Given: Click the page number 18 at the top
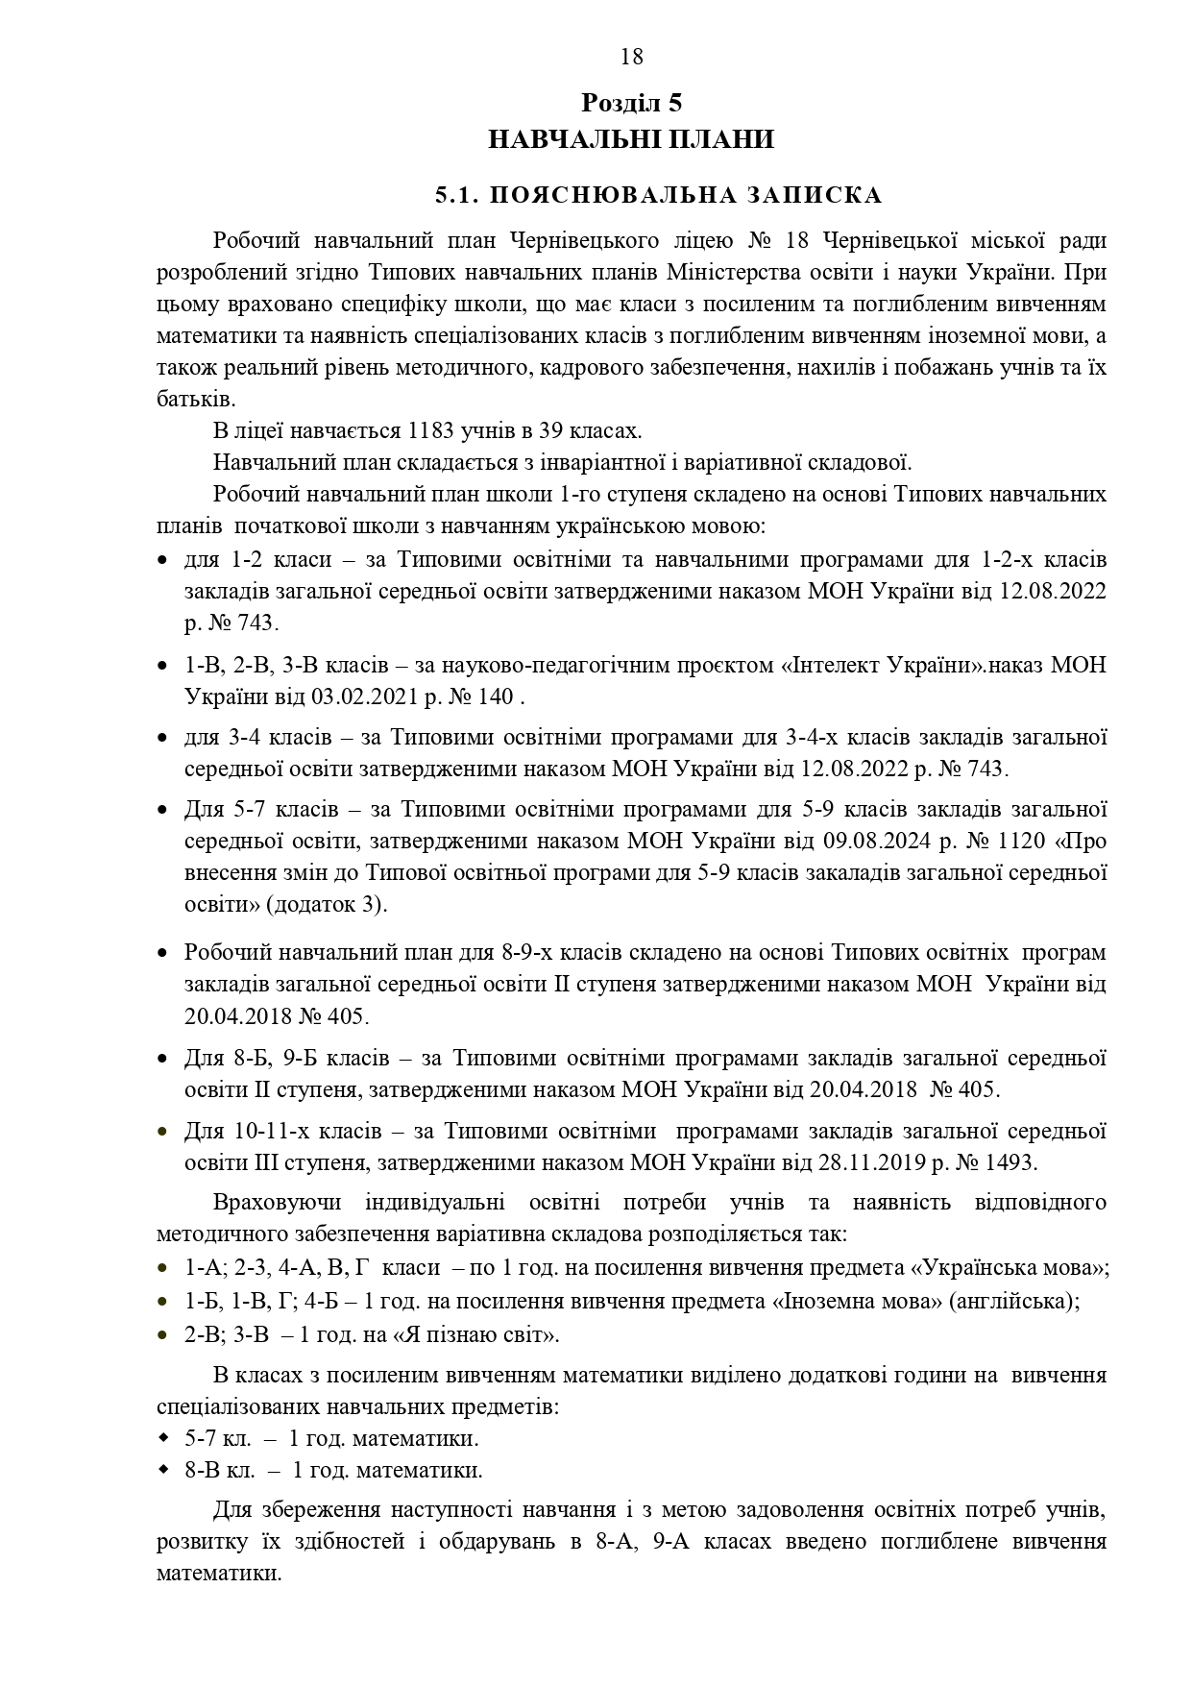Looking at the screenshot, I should (x=632, y=57).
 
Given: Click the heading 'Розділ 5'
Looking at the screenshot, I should (x=631, y=103).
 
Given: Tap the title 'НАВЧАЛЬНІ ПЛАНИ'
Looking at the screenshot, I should (x=631, y=140).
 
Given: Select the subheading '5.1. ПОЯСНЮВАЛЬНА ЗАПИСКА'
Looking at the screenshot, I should (x=658, y=196).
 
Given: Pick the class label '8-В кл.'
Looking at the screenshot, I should (x=219, y=1471).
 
